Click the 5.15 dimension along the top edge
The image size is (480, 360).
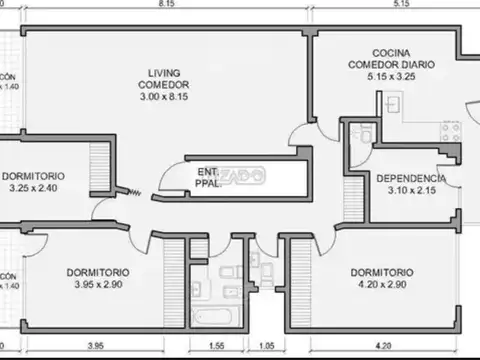(x=401, y=5)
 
